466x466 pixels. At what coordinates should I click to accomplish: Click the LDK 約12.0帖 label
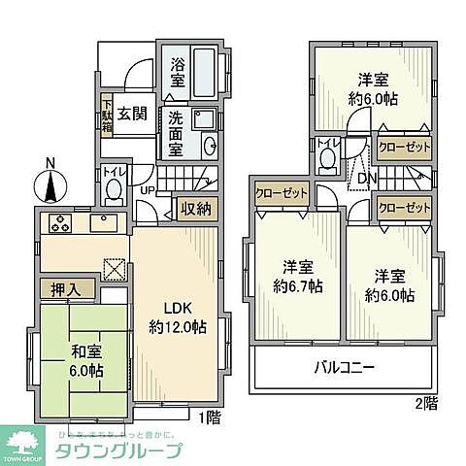(176, 317)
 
